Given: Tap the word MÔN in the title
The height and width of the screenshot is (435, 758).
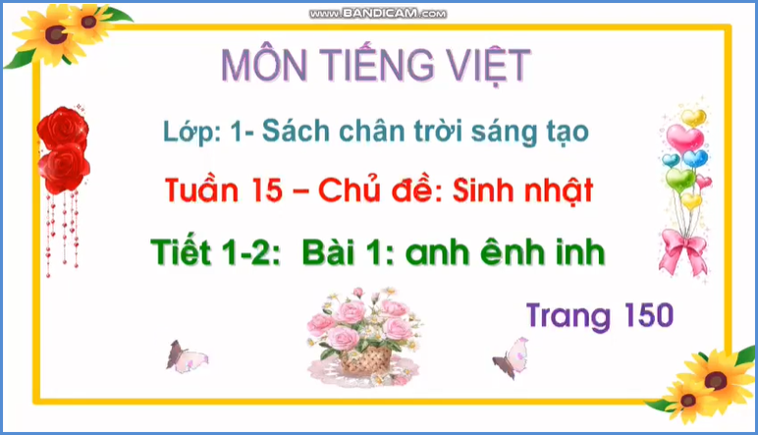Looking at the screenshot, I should pos(263,65).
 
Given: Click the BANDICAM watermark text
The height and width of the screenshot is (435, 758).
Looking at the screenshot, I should pos(379,13).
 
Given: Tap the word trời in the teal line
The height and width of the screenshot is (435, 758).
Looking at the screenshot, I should pos(429,130).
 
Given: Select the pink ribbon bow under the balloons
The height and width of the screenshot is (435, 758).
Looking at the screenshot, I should pos(682,245).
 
